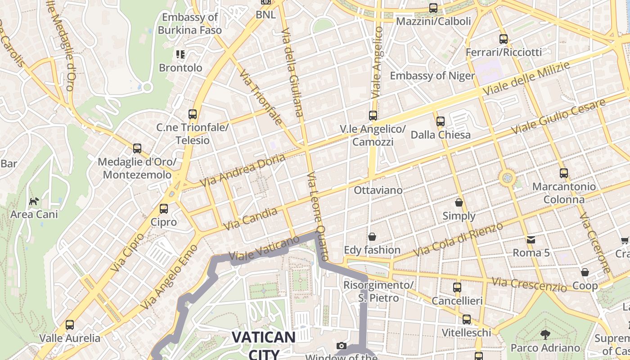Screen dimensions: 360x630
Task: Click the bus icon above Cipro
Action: (164, 209)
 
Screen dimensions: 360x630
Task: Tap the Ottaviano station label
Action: (378, 190)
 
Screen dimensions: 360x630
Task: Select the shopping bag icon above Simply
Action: (459, 202)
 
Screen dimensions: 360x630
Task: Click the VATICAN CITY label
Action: (264, 345)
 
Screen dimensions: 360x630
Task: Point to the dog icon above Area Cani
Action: (34, 201)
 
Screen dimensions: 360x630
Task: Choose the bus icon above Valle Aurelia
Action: (70, 324)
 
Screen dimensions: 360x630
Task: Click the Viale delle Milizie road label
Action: (526, 79)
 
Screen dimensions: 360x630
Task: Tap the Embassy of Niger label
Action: (432, 76)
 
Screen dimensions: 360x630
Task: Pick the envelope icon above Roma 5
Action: (531, 239)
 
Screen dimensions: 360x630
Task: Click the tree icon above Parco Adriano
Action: (545, 334)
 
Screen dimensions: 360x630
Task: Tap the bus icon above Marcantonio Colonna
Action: (563, 173)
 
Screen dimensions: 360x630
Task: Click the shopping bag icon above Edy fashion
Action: (372, 236)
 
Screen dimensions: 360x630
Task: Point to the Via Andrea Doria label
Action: (243, 171)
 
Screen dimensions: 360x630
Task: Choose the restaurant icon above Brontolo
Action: (180, 55)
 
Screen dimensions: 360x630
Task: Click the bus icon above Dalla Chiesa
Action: (441, 121)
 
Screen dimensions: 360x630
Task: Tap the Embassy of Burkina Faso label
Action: (189, 24)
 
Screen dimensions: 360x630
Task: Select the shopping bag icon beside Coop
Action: (585, 272)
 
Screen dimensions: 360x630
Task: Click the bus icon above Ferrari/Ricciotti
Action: (504, 39)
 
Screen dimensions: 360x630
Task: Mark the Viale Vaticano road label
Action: (264, 248)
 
